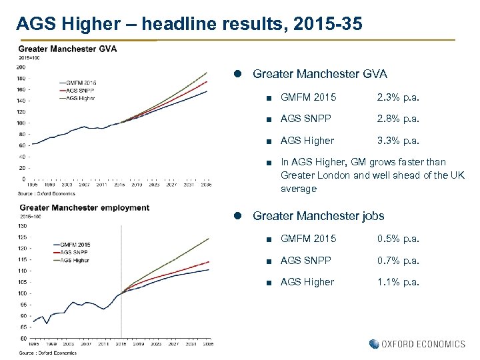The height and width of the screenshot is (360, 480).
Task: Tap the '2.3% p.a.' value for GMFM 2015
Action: tap(398, 97)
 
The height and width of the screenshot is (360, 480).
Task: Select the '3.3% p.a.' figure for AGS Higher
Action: tap(398, 141)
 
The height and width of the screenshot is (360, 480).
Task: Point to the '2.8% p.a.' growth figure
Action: tap(398, 119)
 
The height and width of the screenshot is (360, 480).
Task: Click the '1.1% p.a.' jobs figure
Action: tap(398, 282)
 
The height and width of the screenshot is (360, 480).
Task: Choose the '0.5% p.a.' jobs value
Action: tap(398, 239)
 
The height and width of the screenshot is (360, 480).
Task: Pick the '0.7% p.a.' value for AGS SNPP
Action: tap(398, 261)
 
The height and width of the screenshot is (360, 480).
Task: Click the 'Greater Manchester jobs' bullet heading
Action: tap(319, 216)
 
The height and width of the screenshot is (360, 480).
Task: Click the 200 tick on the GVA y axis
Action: tap(22, 67)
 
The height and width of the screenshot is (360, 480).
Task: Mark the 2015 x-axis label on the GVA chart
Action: tap(121, 185)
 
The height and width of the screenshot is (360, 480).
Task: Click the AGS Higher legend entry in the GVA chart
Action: tap(79, 99)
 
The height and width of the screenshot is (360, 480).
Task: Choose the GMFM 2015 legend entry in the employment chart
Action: tap(75, 245)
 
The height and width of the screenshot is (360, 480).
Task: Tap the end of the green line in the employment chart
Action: tap(209, 239)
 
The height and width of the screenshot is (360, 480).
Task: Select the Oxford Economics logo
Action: tap(417, 344)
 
